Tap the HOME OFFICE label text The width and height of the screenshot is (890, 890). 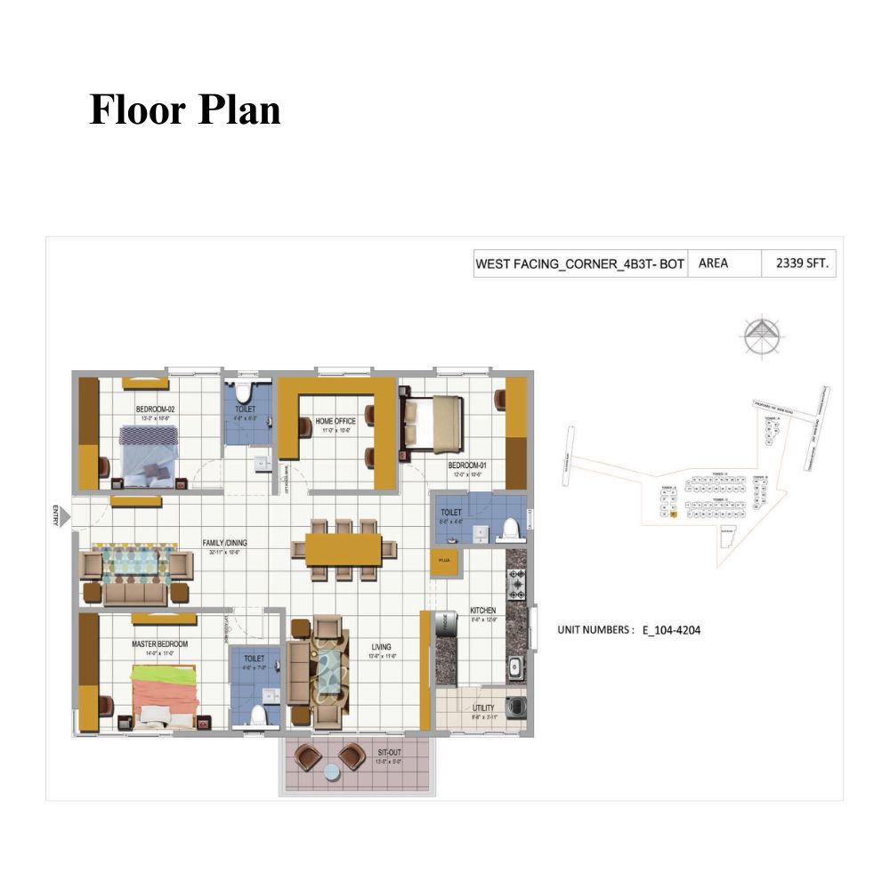click(x=336, y=421)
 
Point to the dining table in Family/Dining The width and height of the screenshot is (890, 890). click(x=344, y=549)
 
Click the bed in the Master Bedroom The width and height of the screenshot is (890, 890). click(x=165, y=694)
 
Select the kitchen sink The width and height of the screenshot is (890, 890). click(x=515, y=666)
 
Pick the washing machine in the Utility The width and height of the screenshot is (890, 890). click(x=515, y=708)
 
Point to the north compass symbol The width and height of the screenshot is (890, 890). click(x=762, y=336)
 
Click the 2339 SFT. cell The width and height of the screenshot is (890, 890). click(x=797, y=263)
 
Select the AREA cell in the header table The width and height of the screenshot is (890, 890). click(x=715, y=263)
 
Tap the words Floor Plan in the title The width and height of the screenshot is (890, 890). click(x=185, y=110)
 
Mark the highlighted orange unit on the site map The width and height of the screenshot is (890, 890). click(x=673, y=514)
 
